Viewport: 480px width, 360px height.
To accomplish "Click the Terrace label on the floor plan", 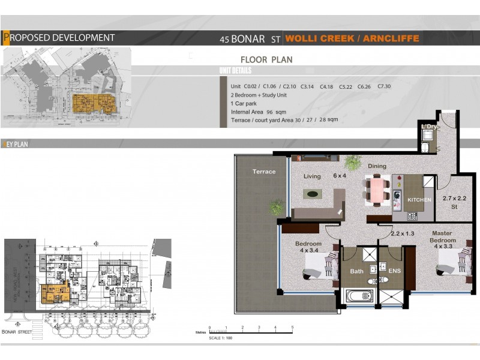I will (264, 172).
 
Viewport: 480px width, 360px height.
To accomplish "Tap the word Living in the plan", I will (312, 176).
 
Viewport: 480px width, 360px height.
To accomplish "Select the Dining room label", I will (377, 166).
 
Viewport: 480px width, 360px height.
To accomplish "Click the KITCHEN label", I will (419, 199).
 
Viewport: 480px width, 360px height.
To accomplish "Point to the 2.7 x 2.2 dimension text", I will (454, 197).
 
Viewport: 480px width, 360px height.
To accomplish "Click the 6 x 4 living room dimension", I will (340, 176).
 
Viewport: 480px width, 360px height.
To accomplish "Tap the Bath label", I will (357, 271).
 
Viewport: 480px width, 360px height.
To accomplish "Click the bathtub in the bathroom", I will (359, 296).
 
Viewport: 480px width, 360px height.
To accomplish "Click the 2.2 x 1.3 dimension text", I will (403, 233).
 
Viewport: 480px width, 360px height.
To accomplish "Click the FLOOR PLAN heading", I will (266, 60).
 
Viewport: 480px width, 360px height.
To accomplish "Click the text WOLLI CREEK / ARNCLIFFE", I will (352, 39).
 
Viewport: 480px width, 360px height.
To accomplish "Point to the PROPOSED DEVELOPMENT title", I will (59, 38).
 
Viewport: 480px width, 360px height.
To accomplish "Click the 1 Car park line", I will (242, 103).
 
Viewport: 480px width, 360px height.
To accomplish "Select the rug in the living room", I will (312, 194).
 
